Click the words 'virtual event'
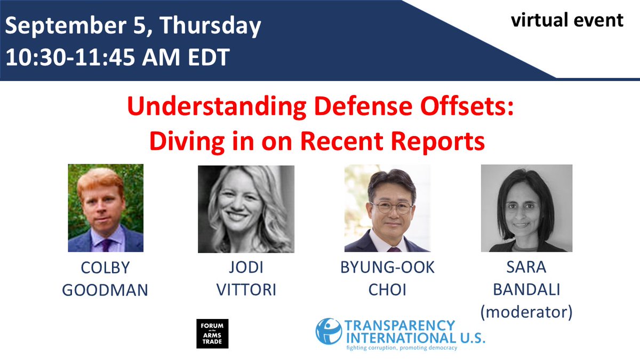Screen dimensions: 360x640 567,20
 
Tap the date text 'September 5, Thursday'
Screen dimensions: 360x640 133,26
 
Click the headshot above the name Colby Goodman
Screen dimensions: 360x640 106,208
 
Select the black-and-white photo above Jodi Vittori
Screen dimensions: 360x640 246,209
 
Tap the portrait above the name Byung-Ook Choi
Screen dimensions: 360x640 387,208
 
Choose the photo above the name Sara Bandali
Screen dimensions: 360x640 526,208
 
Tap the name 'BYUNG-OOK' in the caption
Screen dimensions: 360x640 387,268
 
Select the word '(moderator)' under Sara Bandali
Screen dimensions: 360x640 526,312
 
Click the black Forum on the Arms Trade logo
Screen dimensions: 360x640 212,333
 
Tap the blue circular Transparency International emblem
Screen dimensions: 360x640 329,331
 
